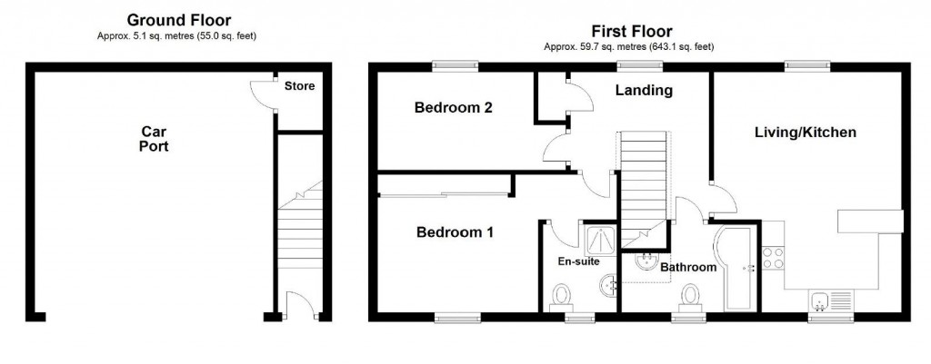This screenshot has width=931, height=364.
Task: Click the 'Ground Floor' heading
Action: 178,19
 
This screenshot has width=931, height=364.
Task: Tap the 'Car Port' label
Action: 154,138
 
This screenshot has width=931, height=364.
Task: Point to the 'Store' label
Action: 299,87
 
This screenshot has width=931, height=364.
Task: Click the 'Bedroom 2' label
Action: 453,108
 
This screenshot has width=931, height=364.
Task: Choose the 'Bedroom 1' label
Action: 455,232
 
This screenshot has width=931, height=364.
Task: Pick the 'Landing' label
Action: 644,91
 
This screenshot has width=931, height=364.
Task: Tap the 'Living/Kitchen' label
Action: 806,133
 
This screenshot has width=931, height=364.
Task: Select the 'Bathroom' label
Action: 688,268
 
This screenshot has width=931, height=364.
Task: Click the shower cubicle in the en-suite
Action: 600,240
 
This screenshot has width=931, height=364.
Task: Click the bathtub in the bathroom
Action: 732,268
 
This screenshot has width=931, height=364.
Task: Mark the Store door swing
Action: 263,92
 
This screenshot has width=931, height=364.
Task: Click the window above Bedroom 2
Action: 455,65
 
